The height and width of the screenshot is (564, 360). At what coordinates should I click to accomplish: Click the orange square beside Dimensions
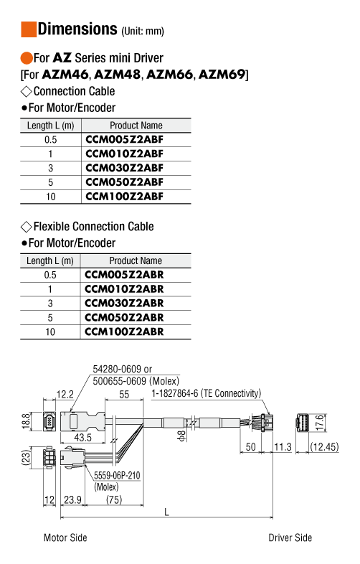click(29, 29)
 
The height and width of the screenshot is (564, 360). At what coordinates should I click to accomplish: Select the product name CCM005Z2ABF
click(125, 139)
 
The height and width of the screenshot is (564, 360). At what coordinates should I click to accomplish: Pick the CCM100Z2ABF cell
click(125, 197)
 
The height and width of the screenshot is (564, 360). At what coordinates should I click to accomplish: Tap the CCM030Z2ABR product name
click(124, 304)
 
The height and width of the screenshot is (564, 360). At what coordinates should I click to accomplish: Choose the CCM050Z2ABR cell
click(124, 318)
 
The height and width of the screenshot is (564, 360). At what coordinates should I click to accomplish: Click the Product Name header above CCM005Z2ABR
click(136, 260)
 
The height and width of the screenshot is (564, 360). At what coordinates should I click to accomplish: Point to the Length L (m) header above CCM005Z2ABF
click(50, 126)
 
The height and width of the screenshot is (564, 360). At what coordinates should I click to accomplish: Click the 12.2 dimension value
click(65, 395)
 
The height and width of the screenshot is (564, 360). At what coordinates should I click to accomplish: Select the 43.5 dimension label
click(82, 438)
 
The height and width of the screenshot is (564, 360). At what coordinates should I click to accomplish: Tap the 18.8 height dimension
click(26, 421)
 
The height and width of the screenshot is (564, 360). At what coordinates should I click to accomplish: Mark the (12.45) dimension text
click(324, 447)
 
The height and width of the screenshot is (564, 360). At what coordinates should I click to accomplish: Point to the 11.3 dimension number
click(283, 447)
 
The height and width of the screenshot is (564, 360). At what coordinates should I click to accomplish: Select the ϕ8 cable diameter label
click(182, 436)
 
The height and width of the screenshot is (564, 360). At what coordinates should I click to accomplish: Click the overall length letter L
click(166, 512)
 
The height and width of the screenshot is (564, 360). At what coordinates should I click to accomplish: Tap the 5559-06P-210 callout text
click(117, 476)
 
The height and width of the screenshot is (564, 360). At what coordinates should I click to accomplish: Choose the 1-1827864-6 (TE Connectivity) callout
click(206, 393)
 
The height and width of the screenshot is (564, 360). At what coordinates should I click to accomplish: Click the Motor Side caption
click(65, 537)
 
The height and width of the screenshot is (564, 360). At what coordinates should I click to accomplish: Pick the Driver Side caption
click(290, 537)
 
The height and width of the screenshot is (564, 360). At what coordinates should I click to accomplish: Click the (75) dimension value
click(114, 499)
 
